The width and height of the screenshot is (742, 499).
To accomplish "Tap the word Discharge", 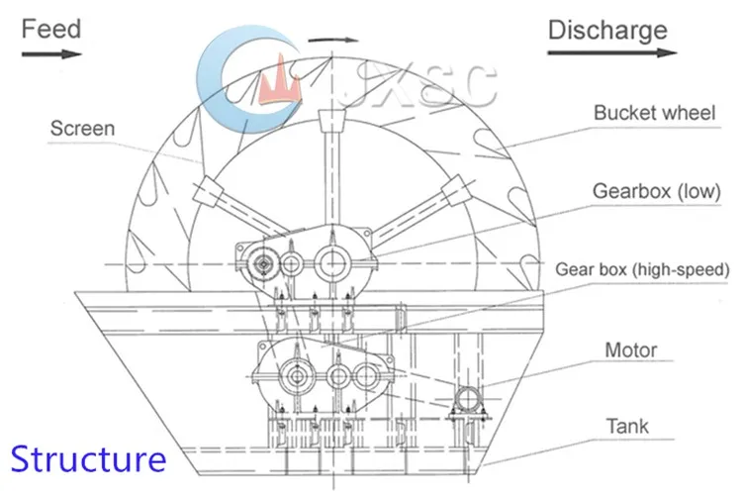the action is [607, 31].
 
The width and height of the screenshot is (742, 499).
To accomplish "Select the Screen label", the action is [83, 129].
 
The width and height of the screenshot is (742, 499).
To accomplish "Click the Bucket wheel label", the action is [654, 113].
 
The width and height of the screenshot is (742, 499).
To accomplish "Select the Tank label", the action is [628, 427].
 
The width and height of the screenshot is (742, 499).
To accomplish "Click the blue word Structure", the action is [88, 459].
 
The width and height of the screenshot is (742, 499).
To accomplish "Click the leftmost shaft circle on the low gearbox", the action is [263, 264].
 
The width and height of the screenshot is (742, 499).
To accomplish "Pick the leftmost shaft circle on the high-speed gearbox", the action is [296, 375].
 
